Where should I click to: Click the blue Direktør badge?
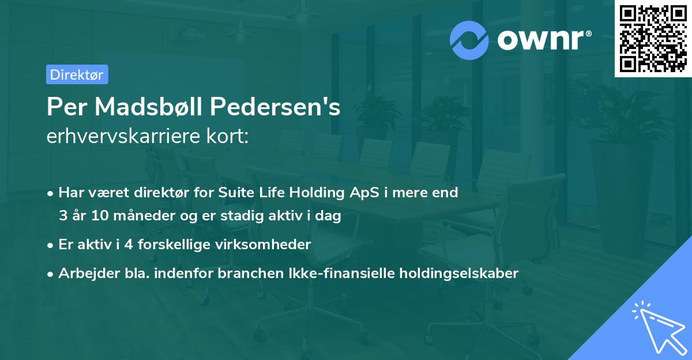pyautogui.click(x=77, y=74)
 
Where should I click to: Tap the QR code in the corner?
pyautogui.click(x=653, y=39)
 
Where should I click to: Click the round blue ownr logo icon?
pyautogui.click(x=469, y=40)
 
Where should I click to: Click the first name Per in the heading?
pyautogui.click(x=65, y=106)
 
